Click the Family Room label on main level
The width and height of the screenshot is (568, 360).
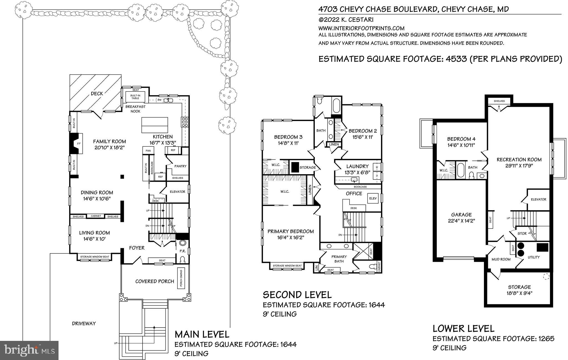point(109,141)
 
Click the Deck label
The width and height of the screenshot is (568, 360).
point(97,94)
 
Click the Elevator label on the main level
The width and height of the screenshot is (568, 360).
point(177,192)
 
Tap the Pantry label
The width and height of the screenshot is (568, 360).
point(180,166)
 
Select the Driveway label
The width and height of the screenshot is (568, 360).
point(84,323)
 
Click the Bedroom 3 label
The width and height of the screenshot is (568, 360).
point(288,137)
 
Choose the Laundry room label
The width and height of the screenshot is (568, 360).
point(357,166)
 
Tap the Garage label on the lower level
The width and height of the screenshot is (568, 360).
point(461,215)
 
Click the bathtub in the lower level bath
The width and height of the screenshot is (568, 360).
point(461,170)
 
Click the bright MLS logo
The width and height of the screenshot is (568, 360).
point(29,350)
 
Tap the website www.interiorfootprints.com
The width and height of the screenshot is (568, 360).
point(361,28)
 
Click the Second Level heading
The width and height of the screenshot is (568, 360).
point(297,295)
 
